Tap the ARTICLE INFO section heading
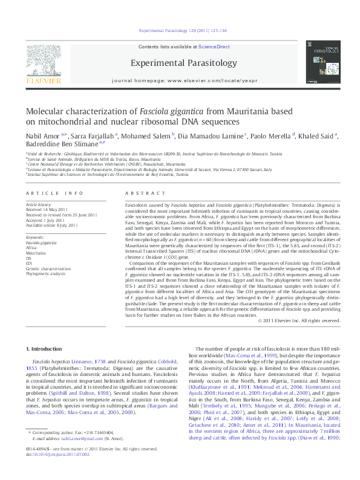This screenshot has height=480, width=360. coord(54,193)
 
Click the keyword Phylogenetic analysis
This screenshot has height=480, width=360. coord(45,274)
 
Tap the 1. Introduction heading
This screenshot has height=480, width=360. coord(47,349)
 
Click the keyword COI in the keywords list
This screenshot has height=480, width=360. coord(29,264)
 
